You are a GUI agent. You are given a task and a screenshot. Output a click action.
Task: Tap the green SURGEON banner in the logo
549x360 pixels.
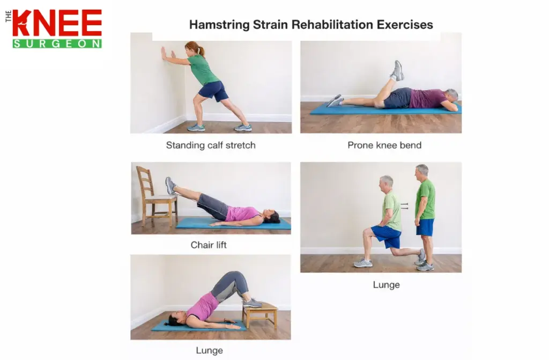click(x=57, y=43)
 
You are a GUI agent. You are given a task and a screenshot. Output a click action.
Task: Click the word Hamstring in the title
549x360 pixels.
click(x=216, y=25)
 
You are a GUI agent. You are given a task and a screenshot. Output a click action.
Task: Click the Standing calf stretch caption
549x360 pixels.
click(x=211, y=145)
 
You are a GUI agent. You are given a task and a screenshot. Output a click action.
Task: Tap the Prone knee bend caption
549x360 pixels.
click(x=384, y=145)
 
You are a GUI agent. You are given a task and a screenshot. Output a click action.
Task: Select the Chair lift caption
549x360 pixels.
click(x=209, y=245)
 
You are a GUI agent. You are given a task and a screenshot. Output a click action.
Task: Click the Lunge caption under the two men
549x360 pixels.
click(x=386, y=285)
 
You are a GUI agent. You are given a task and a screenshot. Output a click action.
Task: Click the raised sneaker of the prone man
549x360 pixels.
click(x=398, y=70)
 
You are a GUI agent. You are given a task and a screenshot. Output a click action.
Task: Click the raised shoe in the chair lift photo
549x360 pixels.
click(x=170, y=186)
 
